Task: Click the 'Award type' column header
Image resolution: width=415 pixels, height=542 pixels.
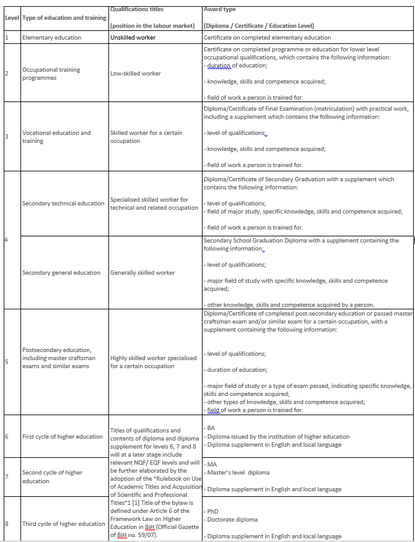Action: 219,10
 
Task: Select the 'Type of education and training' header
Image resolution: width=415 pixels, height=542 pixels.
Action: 64,18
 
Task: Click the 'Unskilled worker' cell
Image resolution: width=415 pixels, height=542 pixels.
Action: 133,38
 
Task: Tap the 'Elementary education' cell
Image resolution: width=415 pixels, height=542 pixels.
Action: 51,38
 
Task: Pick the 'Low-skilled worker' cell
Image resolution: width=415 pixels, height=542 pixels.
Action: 135,74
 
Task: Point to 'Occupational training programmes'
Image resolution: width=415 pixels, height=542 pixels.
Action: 51,74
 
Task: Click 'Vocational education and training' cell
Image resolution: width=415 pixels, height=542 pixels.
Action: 56,137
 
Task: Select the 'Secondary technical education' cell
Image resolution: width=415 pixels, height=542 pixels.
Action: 63,204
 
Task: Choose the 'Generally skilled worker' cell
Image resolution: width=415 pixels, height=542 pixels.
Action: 142,273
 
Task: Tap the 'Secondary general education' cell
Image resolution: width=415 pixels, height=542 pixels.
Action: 61,273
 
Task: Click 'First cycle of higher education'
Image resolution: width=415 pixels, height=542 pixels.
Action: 63,437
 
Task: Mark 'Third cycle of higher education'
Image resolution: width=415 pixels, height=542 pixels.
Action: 64,524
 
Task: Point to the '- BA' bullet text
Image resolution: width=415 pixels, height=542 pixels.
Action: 210,428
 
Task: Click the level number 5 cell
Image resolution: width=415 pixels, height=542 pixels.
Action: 7,361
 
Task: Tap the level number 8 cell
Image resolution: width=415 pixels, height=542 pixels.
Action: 7,524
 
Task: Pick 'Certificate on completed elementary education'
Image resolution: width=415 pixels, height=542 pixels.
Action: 267,38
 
